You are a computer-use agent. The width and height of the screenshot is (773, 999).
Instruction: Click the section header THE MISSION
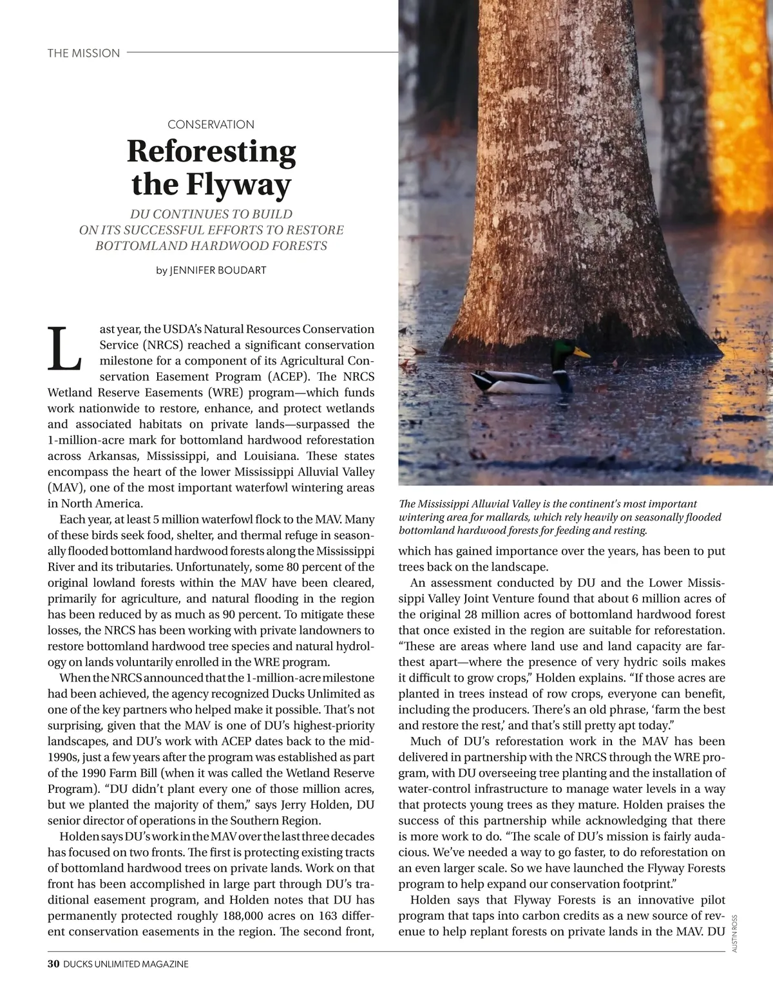(84, 53)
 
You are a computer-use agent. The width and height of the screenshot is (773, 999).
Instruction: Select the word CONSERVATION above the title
(211, 124)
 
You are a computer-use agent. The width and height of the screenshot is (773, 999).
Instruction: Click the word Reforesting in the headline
(211, 152)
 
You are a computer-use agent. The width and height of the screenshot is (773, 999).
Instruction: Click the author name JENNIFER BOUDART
(218, 271)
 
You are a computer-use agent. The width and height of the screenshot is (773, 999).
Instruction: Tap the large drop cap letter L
(64, 348)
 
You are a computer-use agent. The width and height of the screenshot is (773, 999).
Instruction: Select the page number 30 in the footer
(53, 964)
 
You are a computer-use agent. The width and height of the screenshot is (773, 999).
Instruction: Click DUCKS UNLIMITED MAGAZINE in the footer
(126, 964)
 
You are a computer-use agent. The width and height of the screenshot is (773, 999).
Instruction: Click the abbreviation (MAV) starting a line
(63, 488)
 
